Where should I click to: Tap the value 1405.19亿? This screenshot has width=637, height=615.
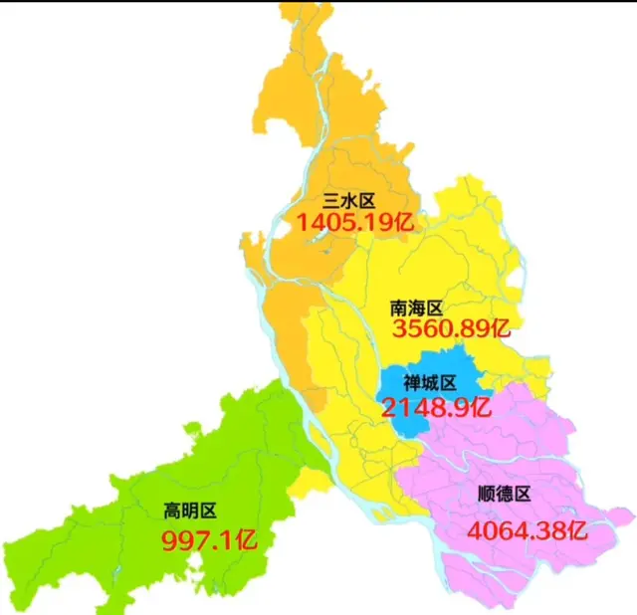pos(353,222)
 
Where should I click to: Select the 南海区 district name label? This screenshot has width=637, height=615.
pos(415,309)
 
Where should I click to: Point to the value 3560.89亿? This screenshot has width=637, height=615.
pos(450,329)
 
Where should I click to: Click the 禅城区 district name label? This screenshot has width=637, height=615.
pos(429,383)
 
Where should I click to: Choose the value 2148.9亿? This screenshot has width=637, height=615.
pos(436,406)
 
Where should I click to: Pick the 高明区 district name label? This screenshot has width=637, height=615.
pos(190,512)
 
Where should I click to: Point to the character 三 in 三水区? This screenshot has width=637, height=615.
pos(331,201)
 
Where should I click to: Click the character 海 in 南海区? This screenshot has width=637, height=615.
pos(415,309)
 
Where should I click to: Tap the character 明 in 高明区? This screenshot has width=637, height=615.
pos(190,512)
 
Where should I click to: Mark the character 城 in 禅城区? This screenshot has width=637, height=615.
pos(429,383)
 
